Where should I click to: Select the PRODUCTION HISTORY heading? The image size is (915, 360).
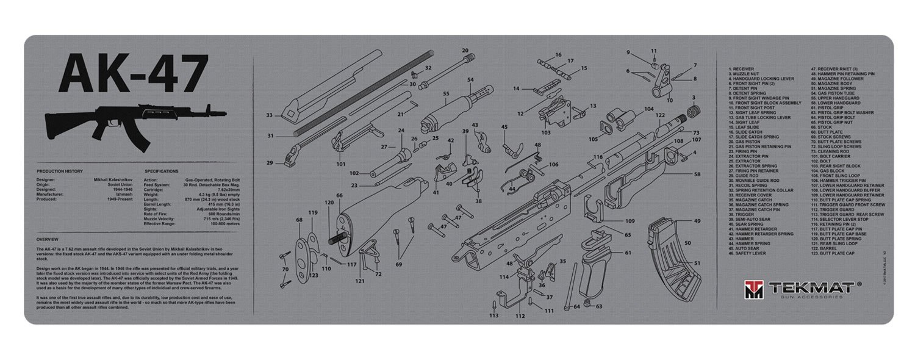point(60,171)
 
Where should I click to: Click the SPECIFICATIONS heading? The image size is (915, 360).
point(161,171)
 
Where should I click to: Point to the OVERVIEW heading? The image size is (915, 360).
point(47,239)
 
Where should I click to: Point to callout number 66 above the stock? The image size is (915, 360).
point(340,195)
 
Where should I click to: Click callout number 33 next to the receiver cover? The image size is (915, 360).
point(269,115)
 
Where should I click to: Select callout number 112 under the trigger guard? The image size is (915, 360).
point(520,316)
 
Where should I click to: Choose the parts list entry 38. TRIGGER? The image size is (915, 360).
point(741,214)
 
